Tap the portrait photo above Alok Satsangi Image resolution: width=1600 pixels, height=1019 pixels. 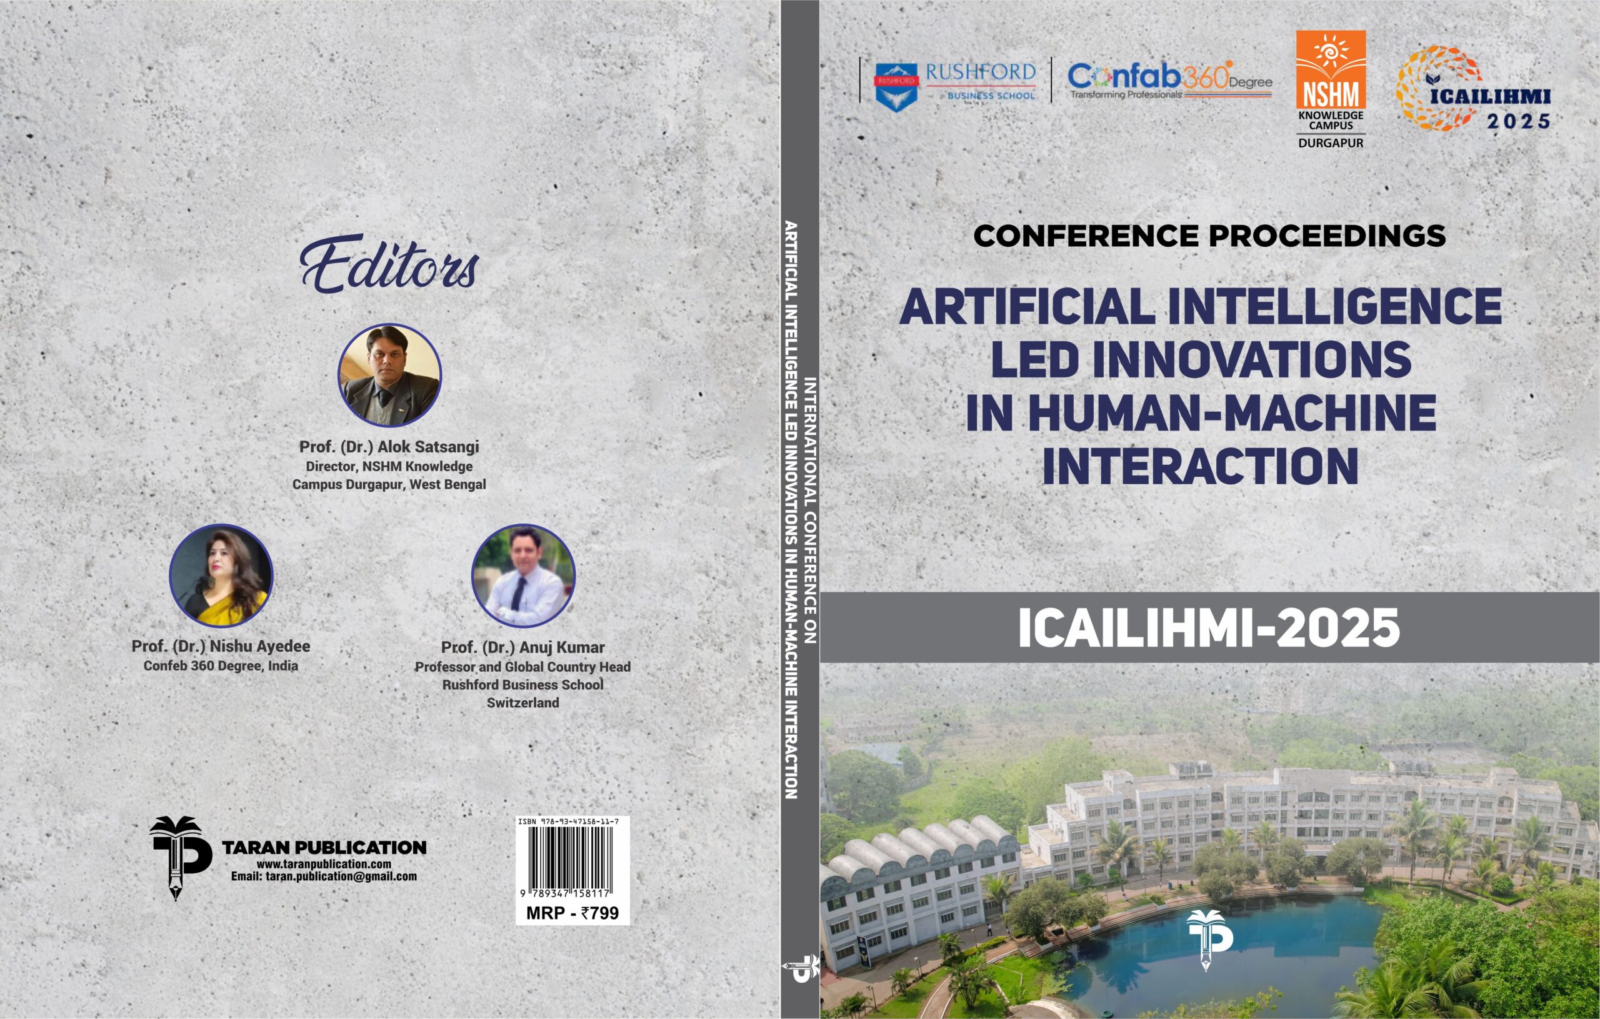[389, 375]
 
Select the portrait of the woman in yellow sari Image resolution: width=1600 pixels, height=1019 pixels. [221, 576]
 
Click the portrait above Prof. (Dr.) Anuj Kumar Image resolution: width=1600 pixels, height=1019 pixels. [523, 576]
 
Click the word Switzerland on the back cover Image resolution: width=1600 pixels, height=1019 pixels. [523, 702]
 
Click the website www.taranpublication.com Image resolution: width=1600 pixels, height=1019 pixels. [324, 864]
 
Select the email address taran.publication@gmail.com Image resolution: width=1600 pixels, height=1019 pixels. [324, 876]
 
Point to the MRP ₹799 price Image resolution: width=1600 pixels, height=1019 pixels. [572, 913]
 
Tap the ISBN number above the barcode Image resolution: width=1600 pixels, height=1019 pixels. [568, 822]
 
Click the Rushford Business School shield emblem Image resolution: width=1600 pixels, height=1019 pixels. [896, 87]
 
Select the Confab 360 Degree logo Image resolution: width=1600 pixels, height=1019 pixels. [1169, 81]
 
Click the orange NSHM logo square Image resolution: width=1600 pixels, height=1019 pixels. [1331, 70]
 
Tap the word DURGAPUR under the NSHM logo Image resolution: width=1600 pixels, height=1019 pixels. [1331, 143]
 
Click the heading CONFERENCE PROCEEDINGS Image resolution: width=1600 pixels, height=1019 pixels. [1209, 236]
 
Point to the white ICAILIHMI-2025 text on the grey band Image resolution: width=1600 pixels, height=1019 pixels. [1209, 628]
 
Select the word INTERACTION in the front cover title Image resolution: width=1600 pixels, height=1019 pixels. [1201, 466]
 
